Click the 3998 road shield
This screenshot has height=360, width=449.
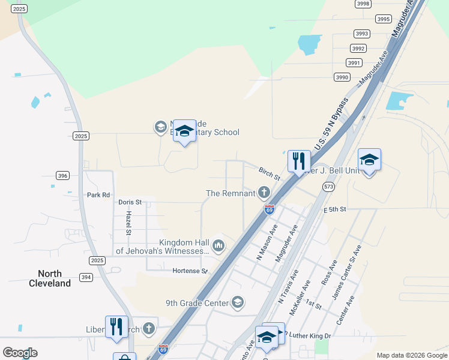click(363, 4)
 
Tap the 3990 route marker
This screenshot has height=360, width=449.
click(342, 77)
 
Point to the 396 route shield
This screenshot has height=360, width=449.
click(63, 176)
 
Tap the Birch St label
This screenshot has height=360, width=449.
click(270, 175)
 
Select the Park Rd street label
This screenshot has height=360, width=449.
click(98, 195)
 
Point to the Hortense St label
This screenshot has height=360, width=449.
click(190, 271)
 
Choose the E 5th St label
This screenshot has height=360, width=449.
click(336, 209)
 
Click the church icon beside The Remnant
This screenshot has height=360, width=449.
click(263, 193)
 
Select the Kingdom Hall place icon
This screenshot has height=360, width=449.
click(218, 245)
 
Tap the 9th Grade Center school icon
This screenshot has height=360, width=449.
click(238, 302)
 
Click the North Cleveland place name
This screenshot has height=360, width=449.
click(50, 279)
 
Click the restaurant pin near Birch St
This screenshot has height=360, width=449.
click(299, 161)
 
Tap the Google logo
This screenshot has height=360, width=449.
click(20, 353)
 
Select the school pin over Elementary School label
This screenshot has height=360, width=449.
click(184, 131)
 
